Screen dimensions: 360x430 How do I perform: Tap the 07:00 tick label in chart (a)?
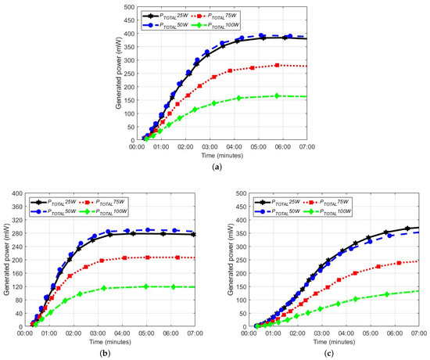click(306, 146)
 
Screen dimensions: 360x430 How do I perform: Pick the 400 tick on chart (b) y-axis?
click(17, 193)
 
